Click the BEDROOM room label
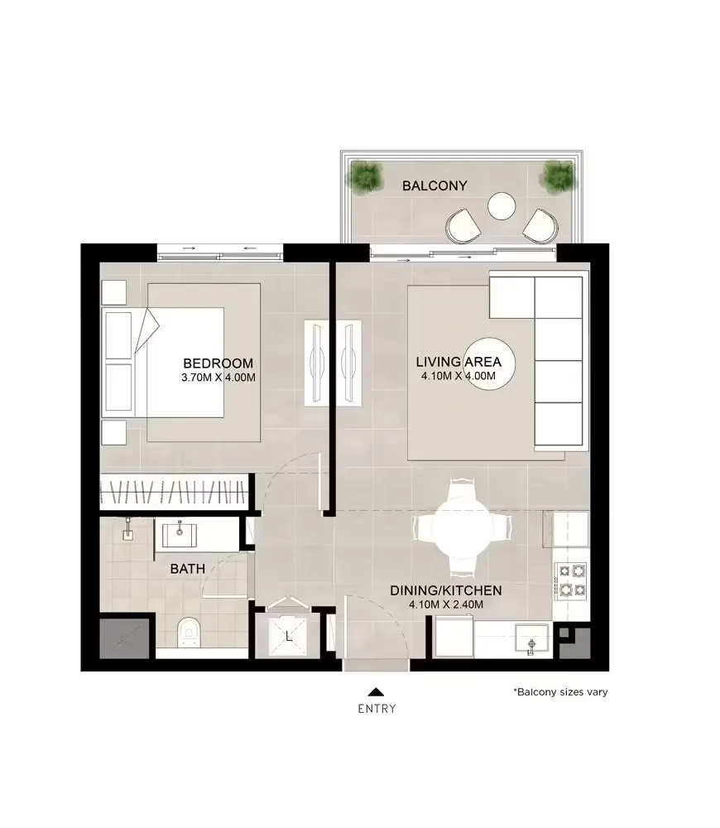218,363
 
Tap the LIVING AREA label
458,363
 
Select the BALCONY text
434,185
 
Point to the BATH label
187,569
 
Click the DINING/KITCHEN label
446,591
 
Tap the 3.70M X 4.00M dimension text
218,378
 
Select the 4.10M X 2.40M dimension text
446,605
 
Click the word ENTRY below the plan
377,709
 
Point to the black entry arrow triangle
376,691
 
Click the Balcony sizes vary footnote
560,691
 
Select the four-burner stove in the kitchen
572,580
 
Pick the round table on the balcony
502,206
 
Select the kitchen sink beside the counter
532,640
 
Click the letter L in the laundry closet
288,638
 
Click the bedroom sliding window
220,252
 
